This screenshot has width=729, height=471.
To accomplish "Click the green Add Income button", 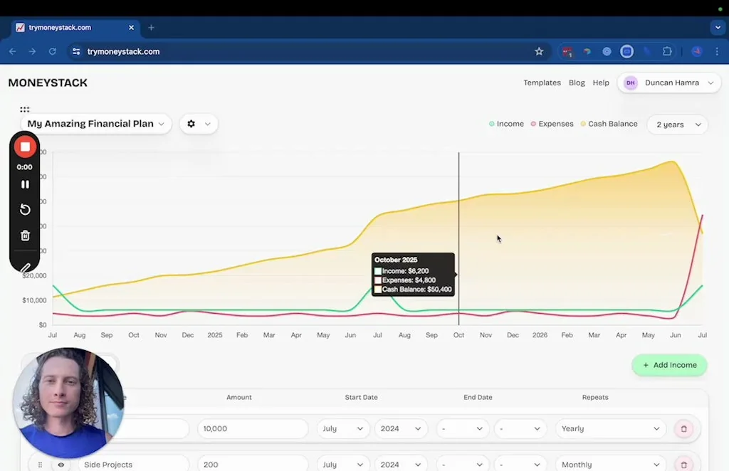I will tap(669, 365).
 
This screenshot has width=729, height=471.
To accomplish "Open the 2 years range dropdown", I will tap(677, 125).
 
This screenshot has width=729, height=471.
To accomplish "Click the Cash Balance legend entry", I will tap(609, 124).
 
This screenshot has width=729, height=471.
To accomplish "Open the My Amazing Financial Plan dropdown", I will tap(95, 124).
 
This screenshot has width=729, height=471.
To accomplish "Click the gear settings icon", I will tap(191, 124).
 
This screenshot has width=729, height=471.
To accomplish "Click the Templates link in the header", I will tap(542, 83).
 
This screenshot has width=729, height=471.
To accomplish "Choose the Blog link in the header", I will tap(577, 83).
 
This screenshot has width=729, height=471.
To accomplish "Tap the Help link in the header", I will tap(601, 83).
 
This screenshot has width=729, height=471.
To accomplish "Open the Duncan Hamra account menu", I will tap(669, 83).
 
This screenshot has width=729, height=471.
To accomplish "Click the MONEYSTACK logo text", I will tap(48, 83).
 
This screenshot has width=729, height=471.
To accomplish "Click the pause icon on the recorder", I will tap(25, 184).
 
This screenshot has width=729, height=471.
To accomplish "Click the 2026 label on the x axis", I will tap(540, 334).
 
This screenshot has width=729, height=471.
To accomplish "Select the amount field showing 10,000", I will tap(252, 429).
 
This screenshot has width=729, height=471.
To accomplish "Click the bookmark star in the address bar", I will tap(539, 51).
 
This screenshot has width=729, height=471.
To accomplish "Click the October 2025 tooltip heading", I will tap(396, 260).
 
